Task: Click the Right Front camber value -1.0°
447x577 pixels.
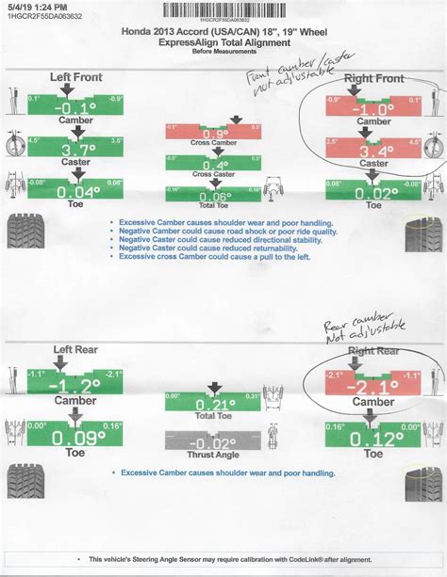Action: pos(372,107)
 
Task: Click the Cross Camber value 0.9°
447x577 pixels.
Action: pos(216,134)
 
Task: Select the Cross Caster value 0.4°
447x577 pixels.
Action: pos(216,165)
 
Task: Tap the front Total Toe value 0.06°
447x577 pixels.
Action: pos(216,196)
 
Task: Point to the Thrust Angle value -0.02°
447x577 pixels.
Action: pos(216,443)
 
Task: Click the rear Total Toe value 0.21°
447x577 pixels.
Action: pos(216,404)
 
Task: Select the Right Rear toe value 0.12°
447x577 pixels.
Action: pos(372,437)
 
